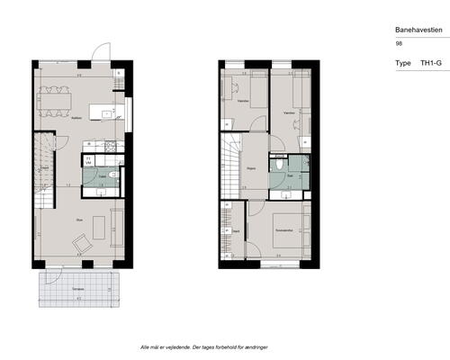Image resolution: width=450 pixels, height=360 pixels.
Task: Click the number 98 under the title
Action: [399, 43]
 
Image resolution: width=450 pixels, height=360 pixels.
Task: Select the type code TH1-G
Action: [431, 64]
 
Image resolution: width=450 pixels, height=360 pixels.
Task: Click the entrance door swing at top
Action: [104, 53]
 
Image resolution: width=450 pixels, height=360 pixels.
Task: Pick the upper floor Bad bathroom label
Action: [291, 177]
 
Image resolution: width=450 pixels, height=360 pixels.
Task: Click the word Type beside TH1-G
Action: [403, 64]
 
